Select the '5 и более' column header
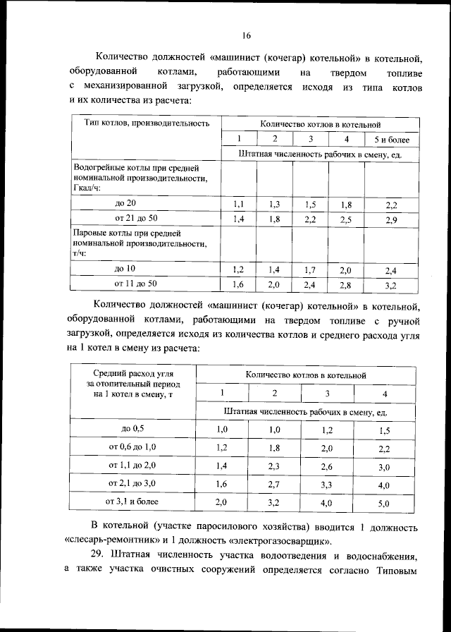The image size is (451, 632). click(x=393, y=140)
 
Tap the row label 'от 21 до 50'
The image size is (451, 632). click(x=136, y=218)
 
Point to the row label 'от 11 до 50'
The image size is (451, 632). click(x=136, y=284)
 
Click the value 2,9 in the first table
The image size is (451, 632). click(x=392, y=221)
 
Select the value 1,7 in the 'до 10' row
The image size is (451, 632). click(x=310, y=270)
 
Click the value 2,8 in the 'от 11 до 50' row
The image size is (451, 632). click(x=345, y=285)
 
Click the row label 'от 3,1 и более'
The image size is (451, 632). click(x=132, y=502)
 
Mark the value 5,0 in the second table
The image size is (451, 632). click(x=383, y=504)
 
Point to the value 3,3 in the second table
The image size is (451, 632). click(x=327, y=485)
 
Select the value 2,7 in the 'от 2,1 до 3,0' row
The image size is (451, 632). click(x=275, y=485)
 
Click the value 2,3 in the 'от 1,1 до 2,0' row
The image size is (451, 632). click(x=275, y=467)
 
